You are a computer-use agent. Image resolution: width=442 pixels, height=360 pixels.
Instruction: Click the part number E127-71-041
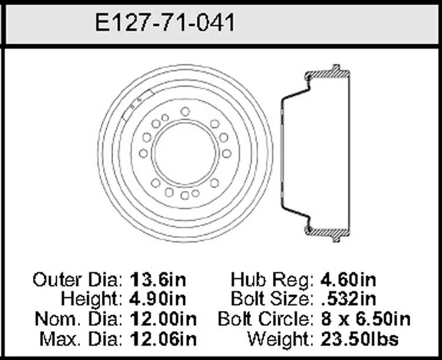point(165,22)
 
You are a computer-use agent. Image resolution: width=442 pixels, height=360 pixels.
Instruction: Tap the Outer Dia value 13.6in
point(158,280)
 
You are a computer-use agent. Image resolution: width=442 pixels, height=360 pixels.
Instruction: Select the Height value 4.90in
point(158,299)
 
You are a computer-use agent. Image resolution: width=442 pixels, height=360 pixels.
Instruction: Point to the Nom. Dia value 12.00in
point(163,319)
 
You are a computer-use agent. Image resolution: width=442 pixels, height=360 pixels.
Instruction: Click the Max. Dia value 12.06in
point(163,339)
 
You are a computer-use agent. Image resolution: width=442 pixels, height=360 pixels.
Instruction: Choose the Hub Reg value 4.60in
point(348,280)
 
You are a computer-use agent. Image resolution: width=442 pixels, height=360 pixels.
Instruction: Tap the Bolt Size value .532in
point(349,299)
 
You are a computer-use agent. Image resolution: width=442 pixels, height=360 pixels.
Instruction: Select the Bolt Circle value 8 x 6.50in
point(365,319)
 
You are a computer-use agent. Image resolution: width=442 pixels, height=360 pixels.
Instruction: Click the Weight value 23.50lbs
point(359,339)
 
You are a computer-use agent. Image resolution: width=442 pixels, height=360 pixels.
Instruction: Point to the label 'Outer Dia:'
point(78,280)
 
